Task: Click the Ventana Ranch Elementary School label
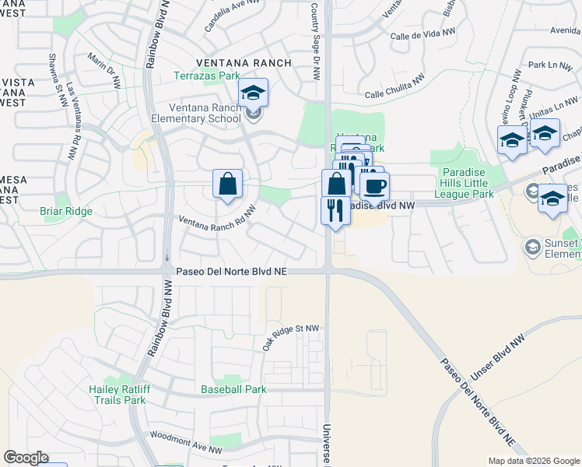pos(205,114)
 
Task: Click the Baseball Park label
pos(233,389)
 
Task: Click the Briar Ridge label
pos(66,211)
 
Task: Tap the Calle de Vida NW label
pos(421,37)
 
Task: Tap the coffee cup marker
pos(375,187)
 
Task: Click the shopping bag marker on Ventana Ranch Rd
pos(227,184)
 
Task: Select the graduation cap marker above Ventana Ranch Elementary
pos(253,94)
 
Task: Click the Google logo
pos(26,458)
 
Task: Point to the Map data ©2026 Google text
pos(533,461)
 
